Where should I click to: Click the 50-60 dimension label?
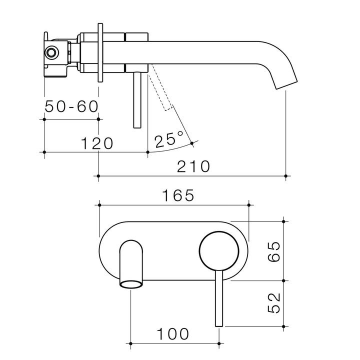click(x=71, y=106)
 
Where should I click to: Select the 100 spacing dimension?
click(x=173, y=334)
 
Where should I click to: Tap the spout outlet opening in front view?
click(x=131, y=285)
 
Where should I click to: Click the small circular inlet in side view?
click(x=51, y=52)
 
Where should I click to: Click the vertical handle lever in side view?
click(x=137, y=100)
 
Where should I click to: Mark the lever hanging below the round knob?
click(x=218, y=300)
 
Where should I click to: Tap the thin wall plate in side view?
click(x=101, y=52)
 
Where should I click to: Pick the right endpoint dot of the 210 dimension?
click(x=285, y=176)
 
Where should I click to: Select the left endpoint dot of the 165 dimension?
click(x=100, y=204)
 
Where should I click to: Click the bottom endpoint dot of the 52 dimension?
click(x=283, y=327)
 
